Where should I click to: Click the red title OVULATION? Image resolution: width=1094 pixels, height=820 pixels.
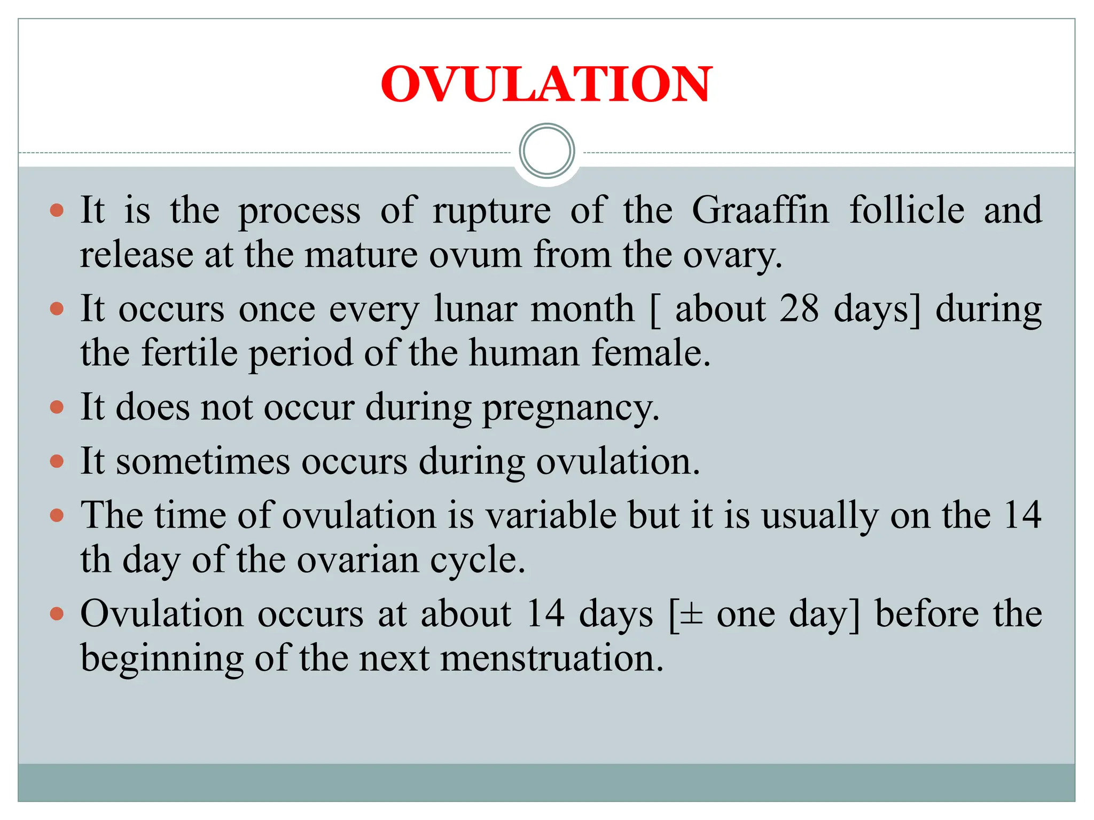546,84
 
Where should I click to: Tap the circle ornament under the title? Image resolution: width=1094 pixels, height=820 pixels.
546,151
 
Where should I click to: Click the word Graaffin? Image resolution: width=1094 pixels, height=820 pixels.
760,210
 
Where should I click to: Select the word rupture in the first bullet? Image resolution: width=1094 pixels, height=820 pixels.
491,211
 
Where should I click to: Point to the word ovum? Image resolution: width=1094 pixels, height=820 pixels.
475,255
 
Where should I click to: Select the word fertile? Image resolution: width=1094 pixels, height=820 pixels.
190,353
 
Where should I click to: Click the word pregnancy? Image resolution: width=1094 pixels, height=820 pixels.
571,408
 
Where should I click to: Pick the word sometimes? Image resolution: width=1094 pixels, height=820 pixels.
203,461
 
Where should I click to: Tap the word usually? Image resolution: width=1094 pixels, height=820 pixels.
820,516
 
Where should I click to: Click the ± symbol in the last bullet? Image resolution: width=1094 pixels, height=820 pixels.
692,614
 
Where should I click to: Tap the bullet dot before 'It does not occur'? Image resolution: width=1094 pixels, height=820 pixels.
57,408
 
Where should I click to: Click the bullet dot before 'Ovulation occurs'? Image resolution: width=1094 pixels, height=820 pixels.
57,614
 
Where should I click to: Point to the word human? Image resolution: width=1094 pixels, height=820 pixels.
524,353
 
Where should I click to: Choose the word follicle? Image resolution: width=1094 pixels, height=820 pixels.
907,210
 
